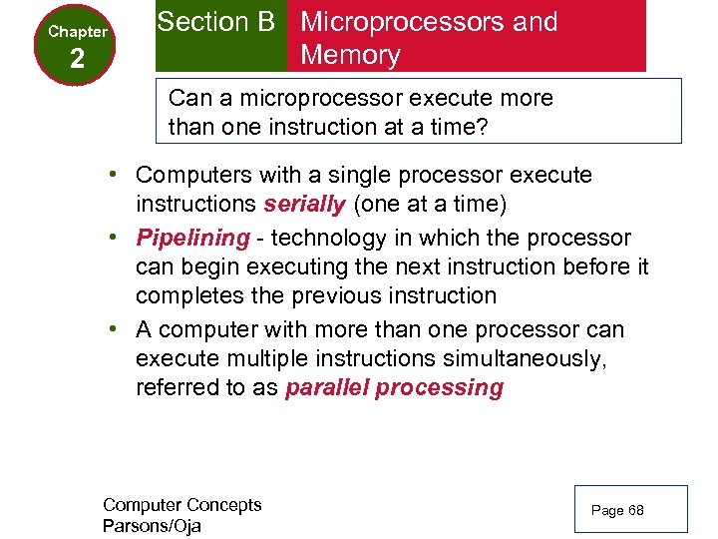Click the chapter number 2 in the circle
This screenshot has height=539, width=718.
pyautogui.click(x=78, y=60)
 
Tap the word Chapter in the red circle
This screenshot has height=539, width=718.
pyautogui.click(x=78, y=32)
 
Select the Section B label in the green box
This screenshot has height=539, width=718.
pyautogui.click(x=215, y=22)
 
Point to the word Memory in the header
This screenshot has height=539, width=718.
pyautogui.click(x=350, y=55)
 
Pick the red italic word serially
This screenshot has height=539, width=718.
pyautogui.click(x=305, y=205)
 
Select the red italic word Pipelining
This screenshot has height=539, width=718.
pyautogui.click(x=192, y=238)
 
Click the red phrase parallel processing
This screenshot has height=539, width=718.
pyautogui.click(x=394, y=388)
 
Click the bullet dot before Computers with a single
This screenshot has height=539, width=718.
pyautogui.click(x=117, y=176)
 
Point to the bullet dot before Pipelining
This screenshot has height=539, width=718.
pyautogui.click(x=117, y=239)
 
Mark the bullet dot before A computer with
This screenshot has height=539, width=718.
pyautogui.click(x=117, y=330)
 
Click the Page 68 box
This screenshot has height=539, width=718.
pyautogui.click(x=630, y=509)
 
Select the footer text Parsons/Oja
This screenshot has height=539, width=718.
pyautogui.click(x=152, y=526)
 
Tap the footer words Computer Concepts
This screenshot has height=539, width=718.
pyautogui.click(x=181, y=505)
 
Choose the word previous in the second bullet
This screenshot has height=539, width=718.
pyautogui.click(x=335, y=296)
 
